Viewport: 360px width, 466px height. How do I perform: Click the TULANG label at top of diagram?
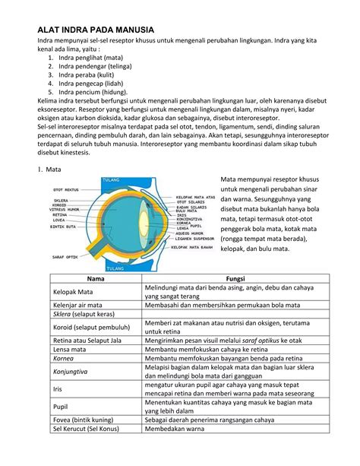click(x=113, y=181)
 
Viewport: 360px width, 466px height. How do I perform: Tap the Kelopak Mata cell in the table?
click(x=73, y=292)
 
